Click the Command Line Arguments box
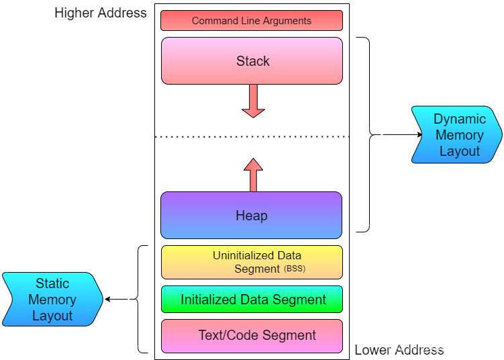tap(252, 20)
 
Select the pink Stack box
tap(252, 60)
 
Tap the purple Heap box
tap(252, 215)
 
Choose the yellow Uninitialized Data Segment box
tap(252, 262)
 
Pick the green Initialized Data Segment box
tap(252, 300)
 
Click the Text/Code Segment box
tap(252, 335)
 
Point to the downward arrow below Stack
tap(253, 101)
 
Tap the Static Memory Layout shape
tap(52, 300)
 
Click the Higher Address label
tap(101, 13)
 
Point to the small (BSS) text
tap(295, 269)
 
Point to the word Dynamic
tap(459, 119)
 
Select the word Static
tap(52, 283)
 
